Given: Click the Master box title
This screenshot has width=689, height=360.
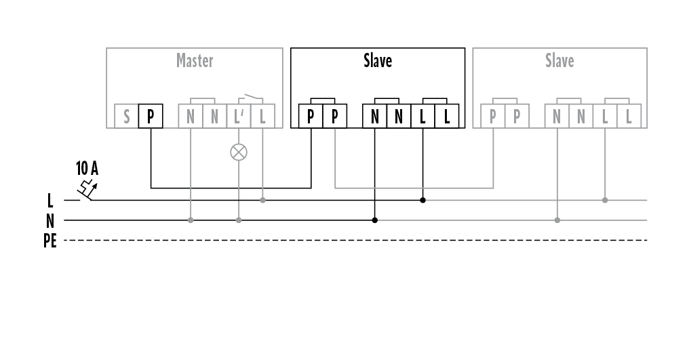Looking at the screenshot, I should (x=195, y=61).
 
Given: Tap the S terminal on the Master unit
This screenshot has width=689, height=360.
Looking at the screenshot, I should (x=126, y=117).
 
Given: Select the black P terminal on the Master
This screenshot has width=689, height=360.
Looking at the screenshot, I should (x=151, y=117).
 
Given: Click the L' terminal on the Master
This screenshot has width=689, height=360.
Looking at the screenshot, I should (x=238, y=117).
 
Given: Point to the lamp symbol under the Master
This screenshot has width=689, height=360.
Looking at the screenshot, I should (x=238, y=152).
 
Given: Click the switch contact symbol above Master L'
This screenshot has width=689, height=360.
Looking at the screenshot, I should (x=250, y=96).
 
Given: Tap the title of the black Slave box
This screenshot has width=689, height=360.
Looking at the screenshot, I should (x=378, y=61).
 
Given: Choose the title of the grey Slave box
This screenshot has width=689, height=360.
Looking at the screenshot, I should (x=559, y=61).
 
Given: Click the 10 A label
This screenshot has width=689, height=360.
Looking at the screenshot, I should (x=87, y=168).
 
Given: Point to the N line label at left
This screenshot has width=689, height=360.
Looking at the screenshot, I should (x=50, y=220).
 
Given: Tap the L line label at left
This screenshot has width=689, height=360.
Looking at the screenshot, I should (x=50, y=201).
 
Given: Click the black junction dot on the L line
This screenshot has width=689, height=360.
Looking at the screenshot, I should (x=422, y=200).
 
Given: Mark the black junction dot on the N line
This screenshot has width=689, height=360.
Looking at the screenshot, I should (x=375, y=220).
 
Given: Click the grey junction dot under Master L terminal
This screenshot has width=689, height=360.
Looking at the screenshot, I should (x=262, y=200).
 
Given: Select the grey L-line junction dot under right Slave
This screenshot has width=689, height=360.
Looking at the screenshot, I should (x=605, y=200).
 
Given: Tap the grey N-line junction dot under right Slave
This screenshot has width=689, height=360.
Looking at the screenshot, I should (x=557, y=220).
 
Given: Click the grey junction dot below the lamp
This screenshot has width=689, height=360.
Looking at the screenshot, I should (x=238, y=220).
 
